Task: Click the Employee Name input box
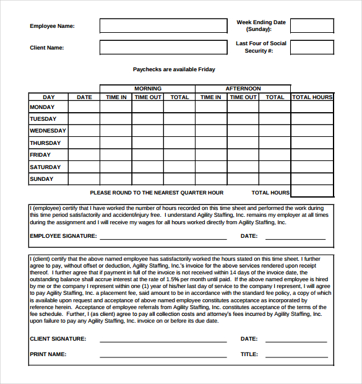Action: pyautogui.click(x=163, y=26)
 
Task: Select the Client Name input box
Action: pyautogui.click(x=163, y=48)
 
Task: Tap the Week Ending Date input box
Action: pyautogui.click(x=312, y=26)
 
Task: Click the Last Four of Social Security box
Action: pyautogui.click(x=312, y=48)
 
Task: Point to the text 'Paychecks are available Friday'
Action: pyautogui.click(x=174, y=69)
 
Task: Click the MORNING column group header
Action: pyautogui.click(x=147, y=89)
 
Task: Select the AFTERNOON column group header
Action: pyautogui.click(x=243, y=89)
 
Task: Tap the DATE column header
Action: pyautogui.click(x=84, y=97)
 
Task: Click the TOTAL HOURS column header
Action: pyautogui.click(x=312, y=97)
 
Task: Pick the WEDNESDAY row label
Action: pyautogui.click(x=48, y=131)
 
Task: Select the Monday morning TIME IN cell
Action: pyautogui.click(x=116, y=107)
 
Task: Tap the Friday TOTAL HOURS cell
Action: pyautogui.click(x=312, y=155)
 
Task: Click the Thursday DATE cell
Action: pyautogui.click(x=84, y=143)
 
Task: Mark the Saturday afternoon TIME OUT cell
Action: pyautogui.click(x=243, y=167)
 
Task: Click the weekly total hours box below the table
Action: pyautogui.click(x=312, y=192)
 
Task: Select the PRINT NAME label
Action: pyautogui.click(x=48, y=354)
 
